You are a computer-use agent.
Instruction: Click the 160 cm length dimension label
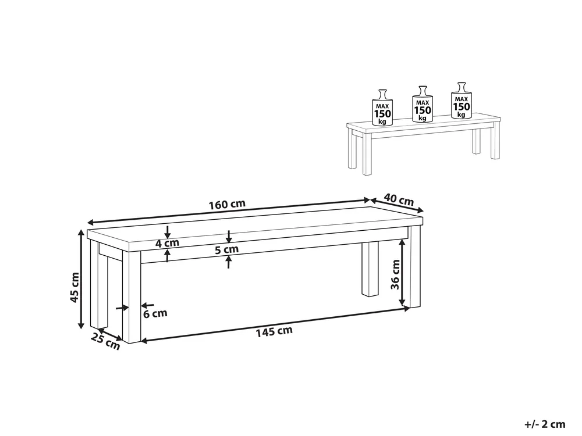click(x=227, y=204)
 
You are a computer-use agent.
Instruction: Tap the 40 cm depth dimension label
click(x=399, y=199)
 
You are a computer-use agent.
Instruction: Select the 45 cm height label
click(x=75, y=287)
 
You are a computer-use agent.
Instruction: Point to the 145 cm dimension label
click(x=274, y=331)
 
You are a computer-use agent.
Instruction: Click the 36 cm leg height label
click(x=396, y=275)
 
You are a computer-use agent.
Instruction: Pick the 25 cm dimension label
click(x=106, y=341)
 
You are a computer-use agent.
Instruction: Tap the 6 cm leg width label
click(x=155, y=314)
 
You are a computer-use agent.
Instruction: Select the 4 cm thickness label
click(x=167, y=243)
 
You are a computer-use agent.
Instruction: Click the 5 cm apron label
click(x=227, y=249)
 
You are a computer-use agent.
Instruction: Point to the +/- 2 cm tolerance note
click(x=545, y=424)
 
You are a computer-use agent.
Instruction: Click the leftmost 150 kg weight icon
click(x=382, y=108)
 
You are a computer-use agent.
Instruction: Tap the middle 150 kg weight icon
click(x=423, y=104)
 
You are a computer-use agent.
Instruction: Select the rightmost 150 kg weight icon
click(x=462, y=101)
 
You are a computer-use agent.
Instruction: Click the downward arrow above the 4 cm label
click(x=168, y=232)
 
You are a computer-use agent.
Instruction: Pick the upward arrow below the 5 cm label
click(x=229, y=262)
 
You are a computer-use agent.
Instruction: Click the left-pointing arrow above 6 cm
click(x=147, y=306)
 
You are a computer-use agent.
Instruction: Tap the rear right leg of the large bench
click(x=370, y=269)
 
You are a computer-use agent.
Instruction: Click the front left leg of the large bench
click(x=132, y=297)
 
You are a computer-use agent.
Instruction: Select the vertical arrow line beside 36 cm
click(x=402, y=273)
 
